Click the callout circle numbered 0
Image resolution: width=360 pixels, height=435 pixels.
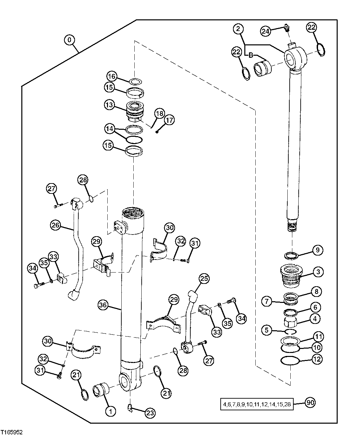coord(69,40)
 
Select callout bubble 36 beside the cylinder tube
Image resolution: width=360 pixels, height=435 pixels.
coord(104,305)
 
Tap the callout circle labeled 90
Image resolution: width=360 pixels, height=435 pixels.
coord(310,403)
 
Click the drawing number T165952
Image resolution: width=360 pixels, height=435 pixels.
coord(12,432)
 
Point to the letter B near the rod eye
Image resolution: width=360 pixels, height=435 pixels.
coord(251,55)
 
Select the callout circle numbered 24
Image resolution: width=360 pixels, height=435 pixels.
coord(266,31)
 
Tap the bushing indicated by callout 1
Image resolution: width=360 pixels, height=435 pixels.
coord(101,390)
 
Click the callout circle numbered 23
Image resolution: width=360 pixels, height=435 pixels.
coord(150,413)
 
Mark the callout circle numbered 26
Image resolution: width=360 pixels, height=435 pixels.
coord(56,226)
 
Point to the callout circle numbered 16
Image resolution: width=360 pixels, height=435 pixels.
coord(112,76)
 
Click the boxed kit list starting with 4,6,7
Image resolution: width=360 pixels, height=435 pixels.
coord(257,404)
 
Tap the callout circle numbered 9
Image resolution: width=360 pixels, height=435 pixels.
coord(317,250)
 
